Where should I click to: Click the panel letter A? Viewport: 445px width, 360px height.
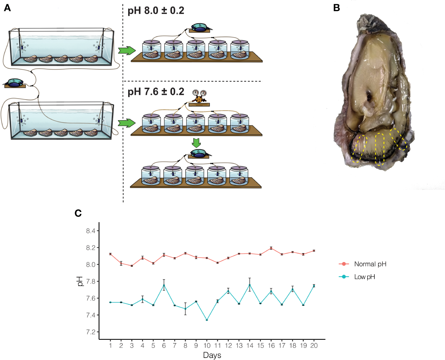[x=7, y=8]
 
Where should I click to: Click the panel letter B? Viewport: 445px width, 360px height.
[x=336, y=8]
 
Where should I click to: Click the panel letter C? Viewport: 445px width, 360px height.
[x=78, y=213]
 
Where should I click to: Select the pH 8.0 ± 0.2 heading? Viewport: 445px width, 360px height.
[x=156, y=11]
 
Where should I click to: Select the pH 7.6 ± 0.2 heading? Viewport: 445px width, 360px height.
[x=156, y=92]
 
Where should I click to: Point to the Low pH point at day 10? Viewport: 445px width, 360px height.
[x=207, y=320]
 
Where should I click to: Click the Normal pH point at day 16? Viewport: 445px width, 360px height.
[x=271, y=248]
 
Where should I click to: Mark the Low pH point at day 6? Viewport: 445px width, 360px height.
[x=164, y=285]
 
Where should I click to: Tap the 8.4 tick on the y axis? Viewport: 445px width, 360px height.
[x=91, y=231]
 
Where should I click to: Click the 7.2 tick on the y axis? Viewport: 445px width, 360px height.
[x=91, y=332]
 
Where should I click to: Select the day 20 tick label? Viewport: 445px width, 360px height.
[x=314, y=346]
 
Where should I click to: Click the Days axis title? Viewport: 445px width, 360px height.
[x=212, y=355]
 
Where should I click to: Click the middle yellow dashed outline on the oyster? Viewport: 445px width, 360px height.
[x=380, y=149]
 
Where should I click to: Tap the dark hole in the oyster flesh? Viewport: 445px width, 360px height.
[x=369, y=97]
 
